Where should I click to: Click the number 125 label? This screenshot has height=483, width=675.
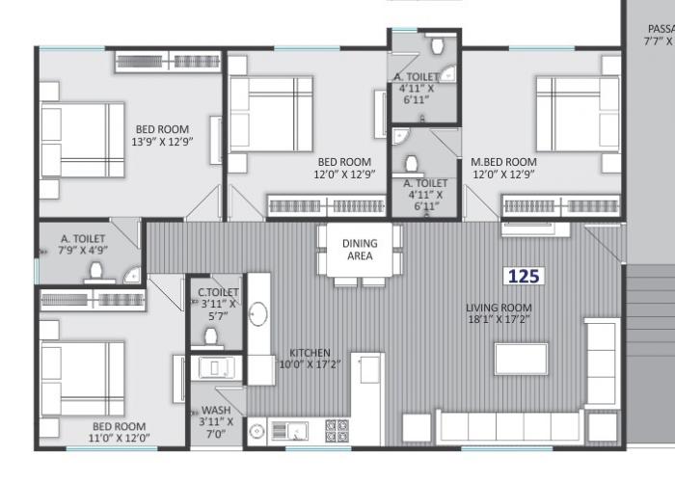click(x=524, y=276)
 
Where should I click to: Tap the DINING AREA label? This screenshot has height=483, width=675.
click(x=360, y=250)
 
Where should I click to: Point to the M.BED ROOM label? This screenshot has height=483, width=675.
click(x=503, y=169)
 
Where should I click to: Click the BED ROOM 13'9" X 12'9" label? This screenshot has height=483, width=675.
click(x=162, y=135)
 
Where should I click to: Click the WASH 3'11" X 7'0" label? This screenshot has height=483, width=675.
click(x=216, y=421)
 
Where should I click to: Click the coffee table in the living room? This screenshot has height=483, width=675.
click(x=522, y=358)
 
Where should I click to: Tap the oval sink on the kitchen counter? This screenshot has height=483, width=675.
click(x=258, y=314)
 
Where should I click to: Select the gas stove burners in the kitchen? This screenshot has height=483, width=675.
click(x=337, y=429)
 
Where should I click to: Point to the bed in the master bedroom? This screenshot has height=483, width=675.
click(x=578, y=113)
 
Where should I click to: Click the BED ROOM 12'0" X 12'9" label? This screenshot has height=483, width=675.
click(x=344, y=168)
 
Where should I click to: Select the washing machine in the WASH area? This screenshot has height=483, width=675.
click(x=213, y=367)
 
